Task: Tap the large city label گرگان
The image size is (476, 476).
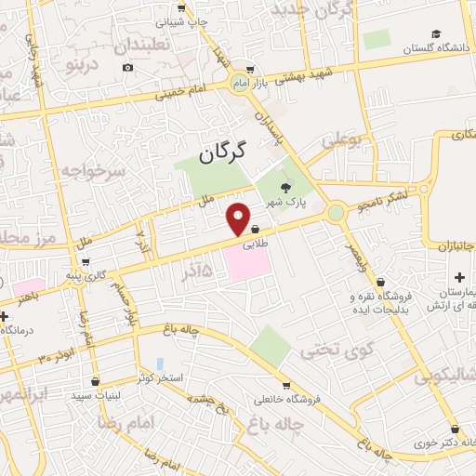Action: point(223,152)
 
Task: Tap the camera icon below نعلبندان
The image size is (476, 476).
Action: point(127,67)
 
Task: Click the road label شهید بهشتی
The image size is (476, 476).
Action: point(297,78)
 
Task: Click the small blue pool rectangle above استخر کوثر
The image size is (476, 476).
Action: point(160,364)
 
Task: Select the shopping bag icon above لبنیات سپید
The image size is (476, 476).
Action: point(97,380)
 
